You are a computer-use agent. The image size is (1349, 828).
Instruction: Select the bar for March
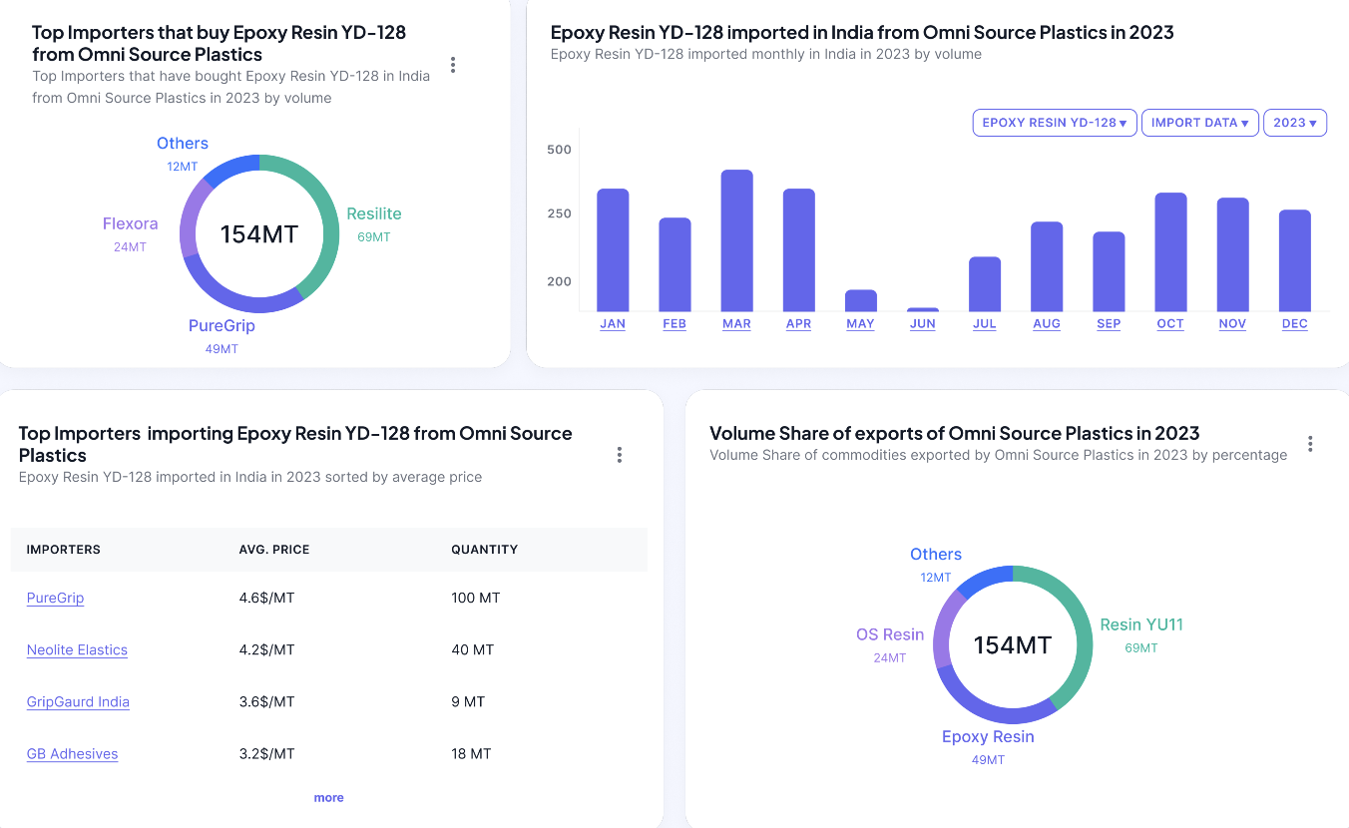click(x=736, y=240)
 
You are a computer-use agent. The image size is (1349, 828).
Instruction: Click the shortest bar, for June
click(x=923, y=309)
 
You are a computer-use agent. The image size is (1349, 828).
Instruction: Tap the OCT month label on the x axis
click(x=1170, y=324)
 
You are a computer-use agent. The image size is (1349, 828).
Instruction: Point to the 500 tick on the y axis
click(x=559, y=150)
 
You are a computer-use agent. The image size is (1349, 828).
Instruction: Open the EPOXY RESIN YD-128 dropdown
click(x=1054, y=123)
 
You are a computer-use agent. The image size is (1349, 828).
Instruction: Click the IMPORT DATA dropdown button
click(x=1199, y=123)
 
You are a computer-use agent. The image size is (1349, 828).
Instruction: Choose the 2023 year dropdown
click(x=1294, y=123)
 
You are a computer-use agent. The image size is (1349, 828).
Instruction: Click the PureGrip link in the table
click(x=55, y=599)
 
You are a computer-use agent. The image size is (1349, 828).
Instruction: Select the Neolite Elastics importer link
click(x=77, y=650)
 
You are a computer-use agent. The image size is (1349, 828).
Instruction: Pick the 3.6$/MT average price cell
click(x=266, y=702)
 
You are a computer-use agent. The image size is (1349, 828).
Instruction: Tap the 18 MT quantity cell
click(x=471, y=754)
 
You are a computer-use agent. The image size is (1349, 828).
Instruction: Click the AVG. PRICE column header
click(x=274, y=550)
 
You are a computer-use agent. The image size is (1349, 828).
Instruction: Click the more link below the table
click(x=328, y=798)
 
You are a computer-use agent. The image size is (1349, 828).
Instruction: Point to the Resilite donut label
click(x=374, y=213)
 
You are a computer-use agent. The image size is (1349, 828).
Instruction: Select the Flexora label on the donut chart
click(x=130, y=223)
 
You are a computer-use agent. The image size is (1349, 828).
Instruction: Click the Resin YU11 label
click(x=1141, y=624)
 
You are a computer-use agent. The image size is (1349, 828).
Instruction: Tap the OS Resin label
click(x=890, y=634)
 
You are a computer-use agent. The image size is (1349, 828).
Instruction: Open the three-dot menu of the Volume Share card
click(x=1310, y=444)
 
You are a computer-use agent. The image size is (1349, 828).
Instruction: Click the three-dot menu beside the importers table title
click(x=620, y=455)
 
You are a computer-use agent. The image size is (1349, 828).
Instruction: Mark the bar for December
click(x=1294, y=260)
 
